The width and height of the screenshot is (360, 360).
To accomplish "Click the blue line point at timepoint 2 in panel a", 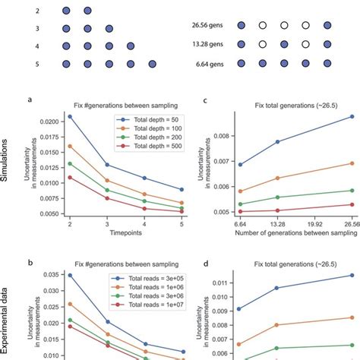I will click(71, 116).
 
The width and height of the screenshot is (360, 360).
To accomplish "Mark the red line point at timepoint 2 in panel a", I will click(71, 177).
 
